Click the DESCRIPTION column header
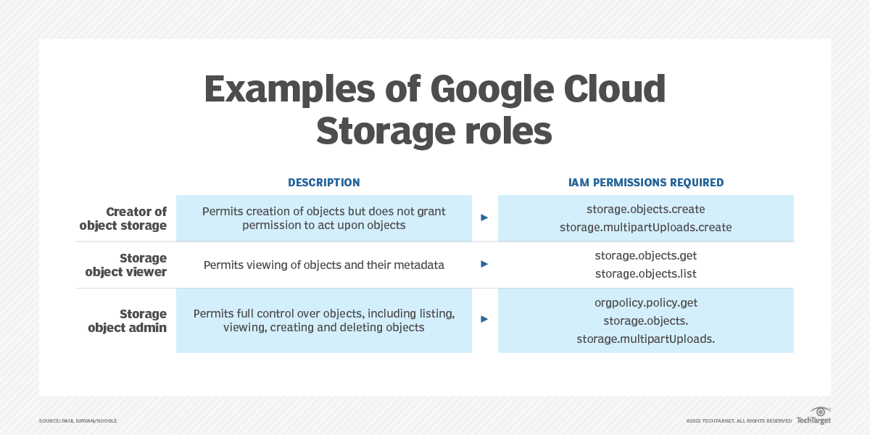323,183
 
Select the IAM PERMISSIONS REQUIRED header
645,183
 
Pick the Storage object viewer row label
126,265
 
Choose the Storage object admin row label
128,320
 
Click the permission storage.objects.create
645,210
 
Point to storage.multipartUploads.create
645,228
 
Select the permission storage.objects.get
645,255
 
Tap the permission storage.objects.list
645,273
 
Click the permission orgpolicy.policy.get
645,302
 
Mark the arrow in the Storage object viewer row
484,265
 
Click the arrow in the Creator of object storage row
484,217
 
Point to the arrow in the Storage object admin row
484,319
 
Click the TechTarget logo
813,416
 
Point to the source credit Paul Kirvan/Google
78,420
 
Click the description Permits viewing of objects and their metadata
323,265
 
